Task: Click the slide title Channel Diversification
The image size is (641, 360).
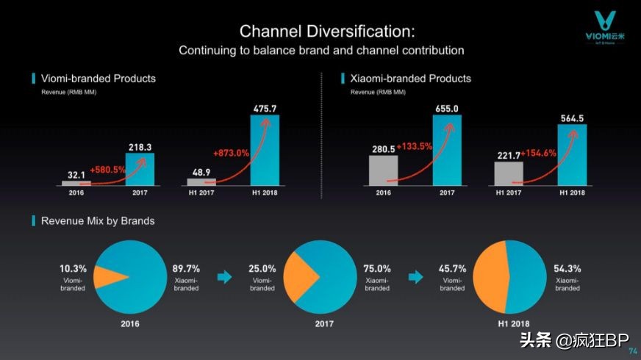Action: [x=327, y=32]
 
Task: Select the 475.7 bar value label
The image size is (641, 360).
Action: [x=265, y=109]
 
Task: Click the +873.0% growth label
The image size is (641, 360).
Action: [x=229, y=154]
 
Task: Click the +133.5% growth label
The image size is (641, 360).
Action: [x=415, y=147]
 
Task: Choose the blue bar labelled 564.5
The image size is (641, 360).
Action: [x=572, y=154]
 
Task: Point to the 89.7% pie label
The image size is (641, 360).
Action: [x=186, y=269]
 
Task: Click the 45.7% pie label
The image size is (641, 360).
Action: [x=452, y=269]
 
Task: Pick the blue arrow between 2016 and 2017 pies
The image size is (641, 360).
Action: [x=224, y=278]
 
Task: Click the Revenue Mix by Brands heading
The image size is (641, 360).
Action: [x=98, y=220]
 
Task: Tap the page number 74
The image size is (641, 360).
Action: [x=632, y=351]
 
